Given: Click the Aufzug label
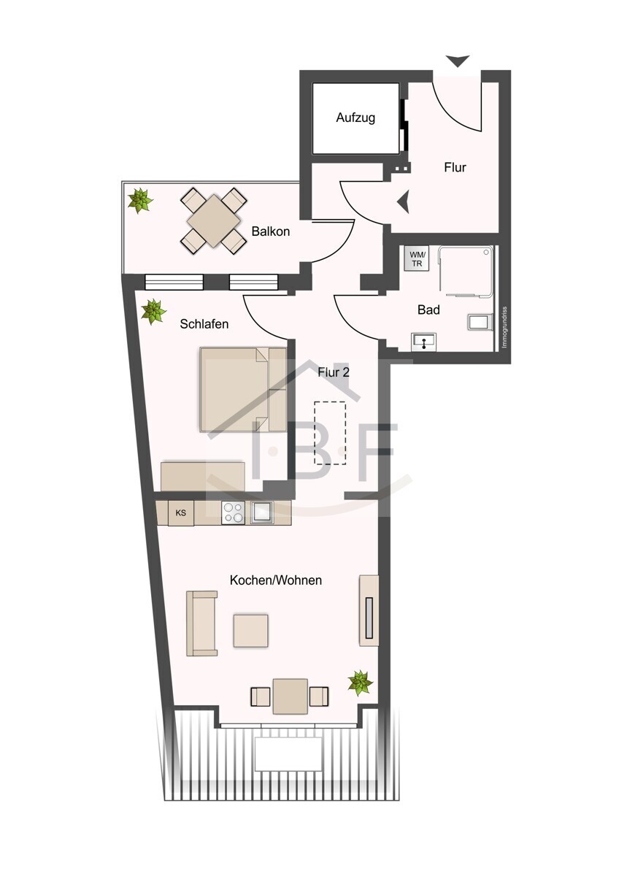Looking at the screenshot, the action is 355,118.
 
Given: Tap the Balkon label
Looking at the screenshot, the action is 271,231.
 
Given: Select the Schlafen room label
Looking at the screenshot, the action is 204,324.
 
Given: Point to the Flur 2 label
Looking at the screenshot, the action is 334,372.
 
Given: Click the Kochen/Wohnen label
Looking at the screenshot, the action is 276,580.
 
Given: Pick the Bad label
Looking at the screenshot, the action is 428,310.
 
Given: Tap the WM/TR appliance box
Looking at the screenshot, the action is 417,258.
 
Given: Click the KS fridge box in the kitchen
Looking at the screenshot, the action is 180,513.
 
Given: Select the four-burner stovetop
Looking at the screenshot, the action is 233,512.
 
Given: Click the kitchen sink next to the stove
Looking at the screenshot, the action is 262,512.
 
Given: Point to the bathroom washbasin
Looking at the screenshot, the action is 424,342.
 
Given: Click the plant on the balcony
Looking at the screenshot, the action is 139,200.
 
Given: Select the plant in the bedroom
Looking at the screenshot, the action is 153,311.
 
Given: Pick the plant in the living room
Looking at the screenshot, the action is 360,683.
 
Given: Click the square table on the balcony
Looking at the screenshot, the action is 213,221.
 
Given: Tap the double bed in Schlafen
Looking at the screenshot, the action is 243,390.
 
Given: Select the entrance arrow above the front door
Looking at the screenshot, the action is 458,61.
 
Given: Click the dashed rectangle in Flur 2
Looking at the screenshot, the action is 330,432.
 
